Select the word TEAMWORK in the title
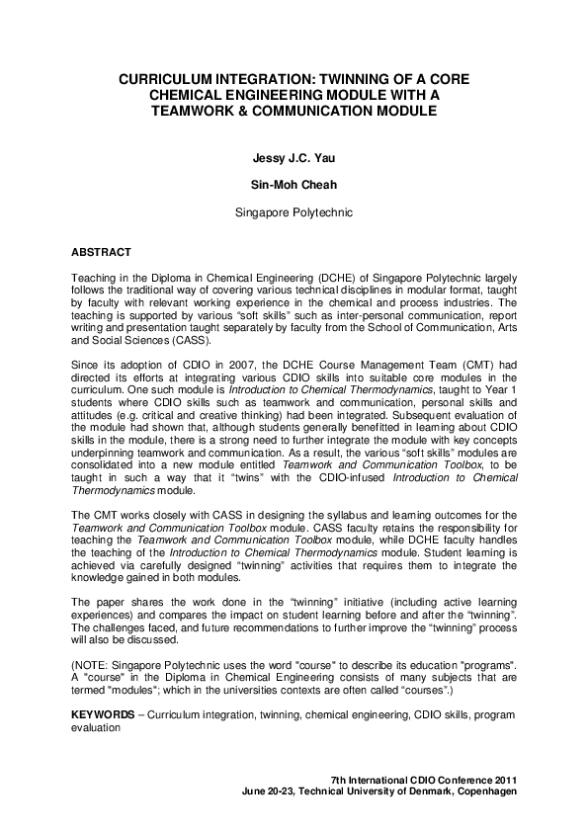(x=193, y=112)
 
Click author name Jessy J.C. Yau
(x=293, y=156)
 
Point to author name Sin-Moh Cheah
(x=293, y=184)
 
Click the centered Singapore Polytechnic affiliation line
(x=293, y=211)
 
